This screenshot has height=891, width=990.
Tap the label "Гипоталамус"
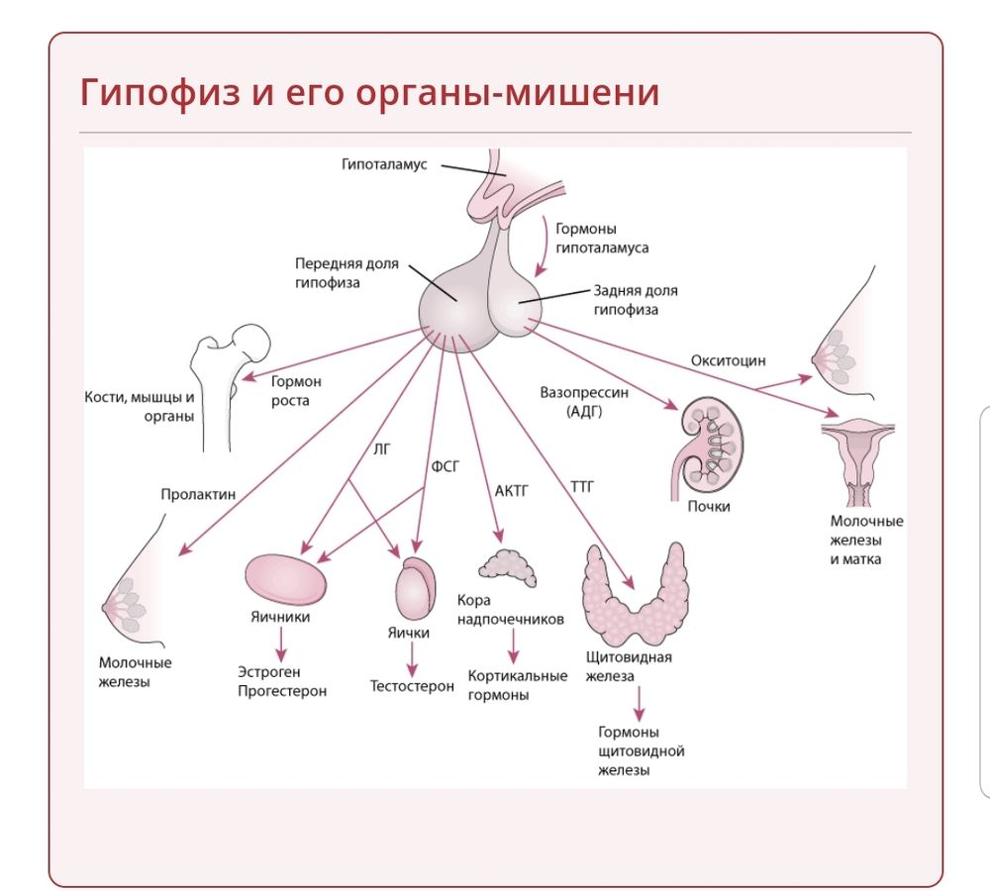[x=384, y=164]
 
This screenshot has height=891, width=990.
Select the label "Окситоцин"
[x=728, y=360]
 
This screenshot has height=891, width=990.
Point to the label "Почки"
[x=709, y=507]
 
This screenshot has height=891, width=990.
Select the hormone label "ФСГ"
[x=445, y=465]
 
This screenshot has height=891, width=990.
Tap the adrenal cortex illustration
[x=507, y=567]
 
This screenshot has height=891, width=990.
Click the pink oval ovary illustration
[x=286, y=578]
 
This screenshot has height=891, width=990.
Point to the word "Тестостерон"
[x=412, y=686]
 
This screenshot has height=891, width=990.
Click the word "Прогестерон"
[x=282, y=691]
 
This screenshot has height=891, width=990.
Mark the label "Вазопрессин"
[x=584, y=392]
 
